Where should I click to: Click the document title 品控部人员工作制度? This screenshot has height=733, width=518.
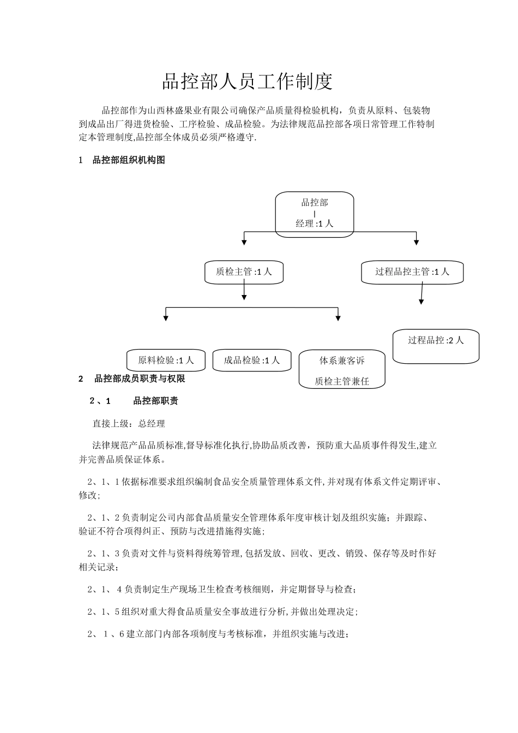pyautogui.click(x=247, y=82)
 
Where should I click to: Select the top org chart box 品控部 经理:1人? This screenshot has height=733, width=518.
pyautogui.click(x=314, y=214)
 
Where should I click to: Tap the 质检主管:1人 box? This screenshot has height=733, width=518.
pyautogui.click(x=244, y=272)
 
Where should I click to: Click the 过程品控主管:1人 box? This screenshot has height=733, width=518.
pyautogui.click(x=412, y=272)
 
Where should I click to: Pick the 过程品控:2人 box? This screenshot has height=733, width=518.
pyautogui.click(x=436, y=346)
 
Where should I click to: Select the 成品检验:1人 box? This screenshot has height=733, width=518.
pyautogui.click(x=251, y=360)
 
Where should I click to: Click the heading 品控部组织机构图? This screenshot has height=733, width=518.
pyautogui.click(x=129, y=160)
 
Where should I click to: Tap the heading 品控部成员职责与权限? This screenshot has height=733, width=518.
pyautogui.click(x=140, y=378)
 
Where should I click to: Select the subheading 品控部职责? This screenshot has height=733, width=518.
pyautogui.click(x=155, y=401)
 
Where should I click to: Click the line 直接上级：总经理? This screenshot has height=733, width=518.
pyautogui.click(x=129, y=423)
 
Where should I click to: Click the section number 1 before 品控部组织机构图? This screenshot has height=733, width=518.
pyautogui.click(x=81, y=160)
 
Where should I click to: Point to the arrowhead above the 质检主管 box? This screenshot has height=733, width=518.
pyautogui.click(x=244, y=241)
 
